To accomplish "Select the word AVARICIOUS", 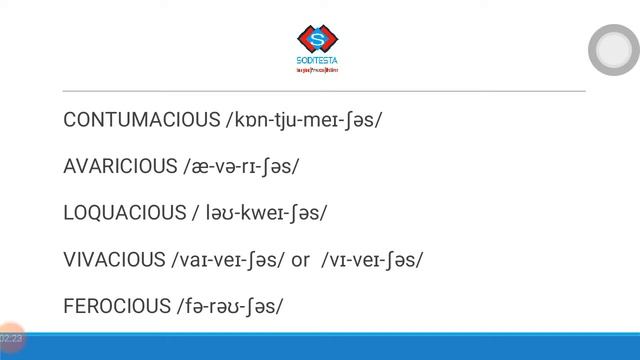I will point(119,167).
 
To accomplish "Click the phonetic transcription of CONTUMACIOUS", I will point(305,120).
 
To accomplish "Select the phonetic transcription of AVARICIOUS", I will point(241,167).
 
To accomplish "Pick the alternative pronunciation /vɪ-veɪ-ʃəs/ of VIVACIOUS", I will point(372,260).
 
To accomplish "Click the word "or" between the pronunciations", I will point(300,261).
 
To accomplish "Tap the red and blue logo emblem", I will point(318,40).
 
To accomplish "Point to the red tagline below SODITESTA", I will point(318,71).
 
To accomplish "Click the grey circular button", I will point(613,50).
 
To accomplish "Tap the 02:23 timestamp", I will point(11,340).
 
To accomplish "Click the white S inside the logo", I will point(318,40).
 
